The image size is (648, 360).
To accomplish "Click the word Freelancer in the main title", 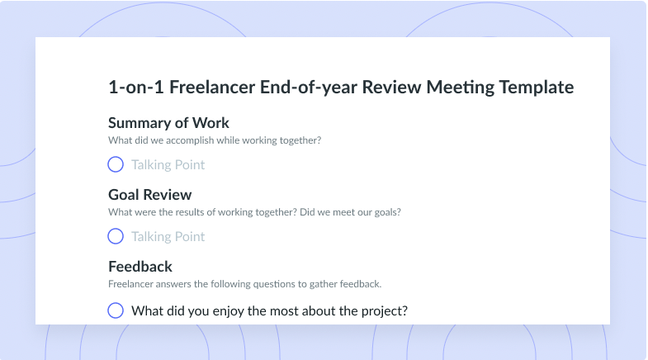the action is (212, 88).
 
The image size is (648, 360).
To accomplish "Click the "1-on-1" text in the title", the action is (136, 88).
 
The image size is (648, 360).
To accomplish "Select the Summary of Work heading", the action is (168, 123).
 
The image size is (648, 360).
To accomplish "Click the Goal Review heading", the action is (150, 195).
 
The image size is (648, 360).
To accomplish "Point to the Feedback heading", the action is (140, 267).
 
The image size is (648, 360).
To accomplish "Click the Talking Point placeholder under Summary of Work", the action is (168, 165).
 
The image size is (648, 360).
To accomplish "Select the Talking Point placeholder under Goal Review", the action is (168, 237).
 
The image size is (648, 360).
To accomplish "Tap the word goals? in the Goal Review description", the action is (387, 212).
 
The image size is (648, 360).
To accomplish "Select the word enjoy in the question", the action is (229, 311).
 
